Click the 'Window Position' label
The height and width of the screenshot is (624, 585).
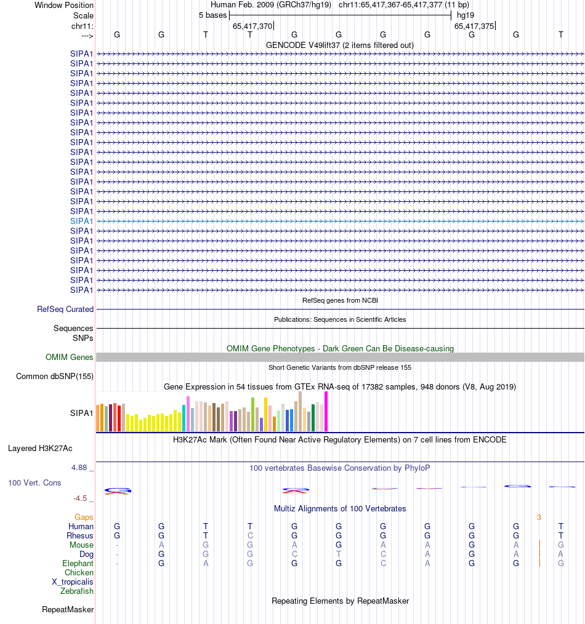click(x=64, y=5)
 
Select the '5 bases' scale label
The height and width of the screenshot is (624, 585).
click(x=212, y=15)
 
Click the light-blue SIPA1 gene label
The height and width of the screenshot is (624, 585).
click(x=82, y=221)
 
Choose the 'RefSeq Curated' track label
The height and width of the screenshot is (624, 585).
click(x=65, y=310)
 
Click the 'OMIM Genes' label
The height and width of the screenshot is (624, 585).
click(x=70, y=358)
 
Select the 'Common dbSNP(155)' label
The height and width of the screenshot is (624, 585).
click(x=55, y=377)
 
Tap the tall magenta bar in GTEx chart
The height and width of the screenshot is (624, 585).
click(x=326, y=411)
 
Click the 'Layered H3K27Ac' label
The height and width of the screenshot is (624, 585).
click(x=40, y=449)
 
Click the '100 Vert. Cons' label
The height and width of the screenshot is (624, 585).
click(x=34, y=483)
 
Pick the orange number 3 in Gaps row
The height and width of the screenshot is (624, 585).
click(x=539, y=518)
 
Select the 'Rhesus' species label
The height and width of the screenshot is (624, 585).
click(x=81, y=536)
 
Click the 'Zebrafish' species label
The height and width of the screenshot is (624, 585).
click(x=77, y=591)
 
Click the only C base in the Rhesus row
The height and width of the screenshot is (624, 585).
click(x=250, y=536)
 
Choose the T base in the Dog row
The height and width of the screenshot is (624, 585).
click(x=339, y=554)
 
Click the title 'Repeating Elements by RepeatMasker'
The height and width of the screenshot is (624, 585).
click(x=340, y=601)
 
